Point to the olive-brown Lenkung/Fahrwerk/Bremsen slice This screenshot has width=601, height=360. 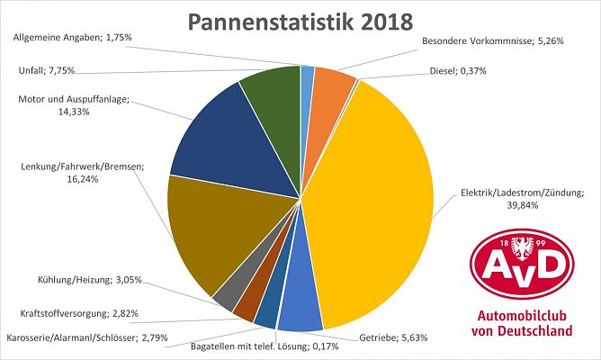(x=202, y=229)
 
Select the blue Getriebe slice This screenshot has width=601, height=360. (x=300, y=310)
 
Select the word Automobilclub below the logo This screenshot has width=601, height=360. (x=523, y=317)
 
